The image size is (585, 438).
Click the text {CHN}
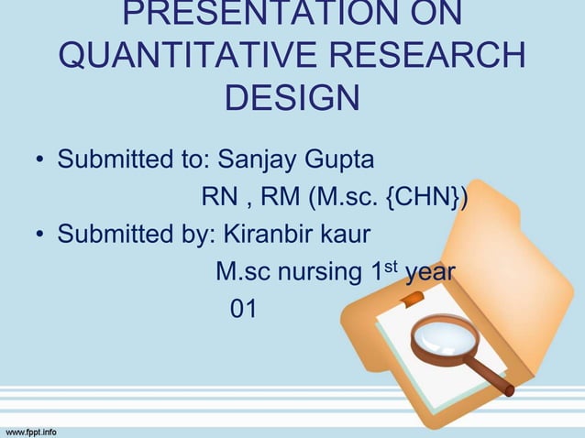(x=425, y=197)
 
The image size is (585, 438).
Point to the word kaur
(x=348, y=235)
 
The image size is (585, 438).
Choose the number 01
(x=243, y=310)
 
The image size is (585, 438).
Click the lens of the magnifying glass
(x=442, y=337)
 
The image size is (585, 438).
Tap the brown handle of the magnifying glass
(x=491, y=377)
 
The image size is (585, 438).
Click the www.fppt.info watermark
(x=31, y=430)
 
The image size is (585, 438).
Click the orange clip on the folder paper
(x=411, y=298)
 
